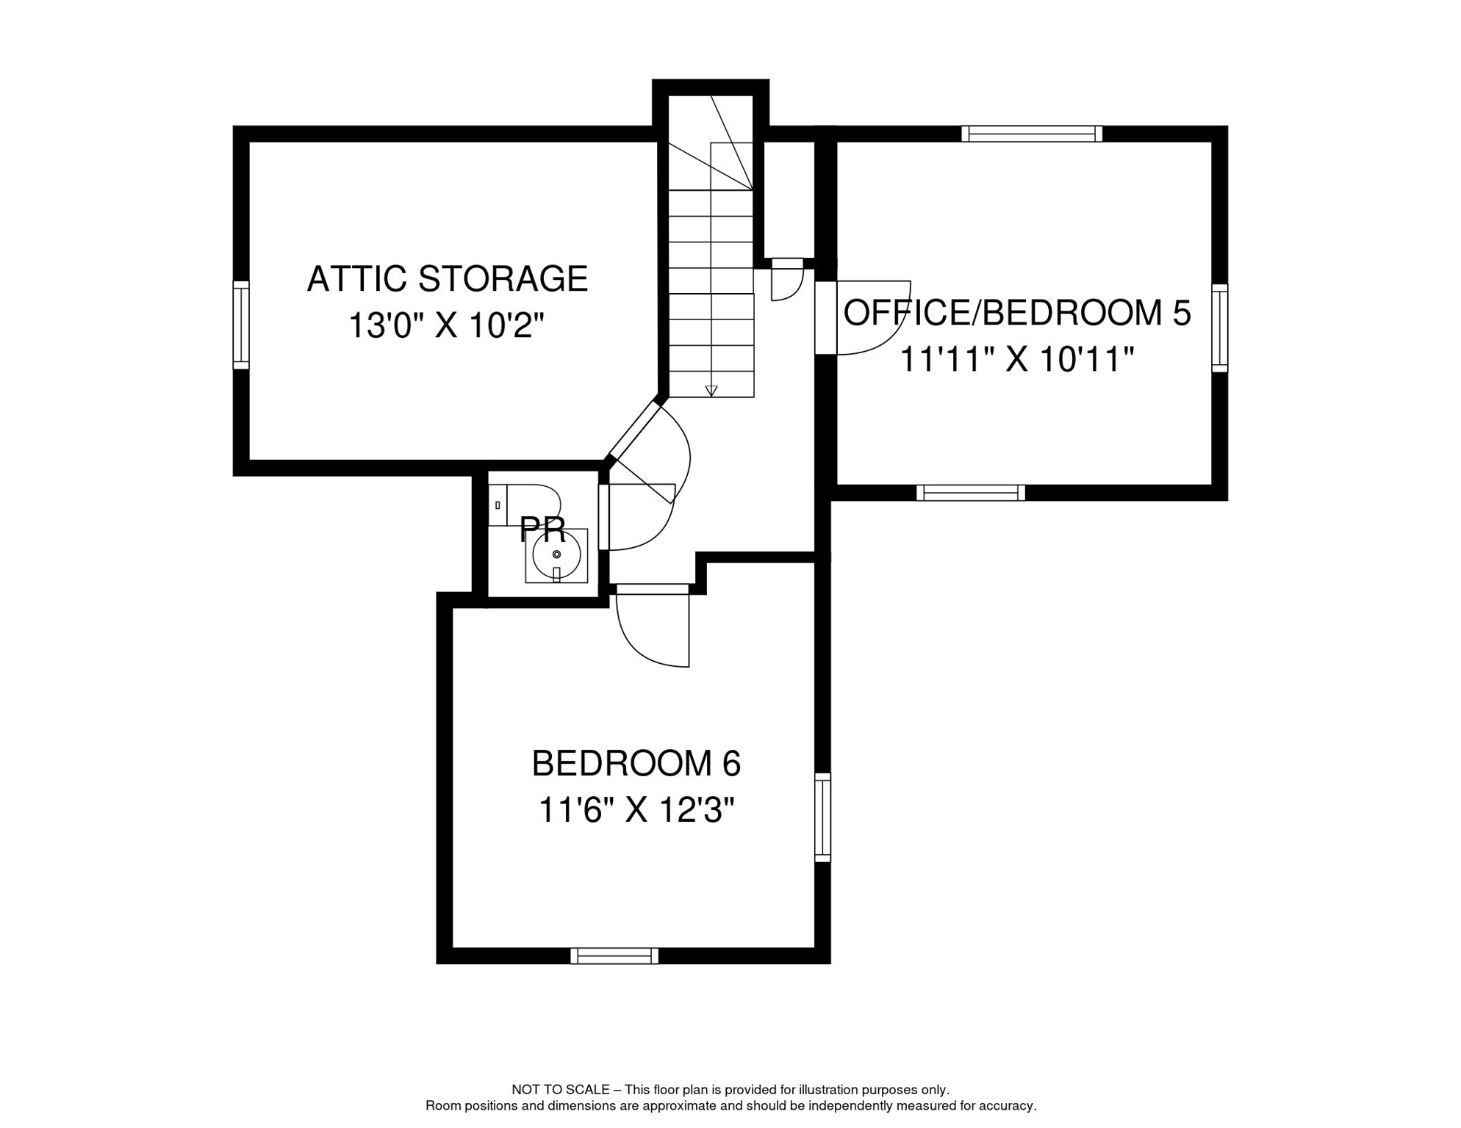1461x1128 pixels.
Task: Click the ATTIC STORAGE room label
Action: pyautogui.click(x=447, y=279)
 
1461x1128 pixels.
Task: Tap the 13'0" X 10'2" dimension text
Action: pyautogui.click(x=446, y=326)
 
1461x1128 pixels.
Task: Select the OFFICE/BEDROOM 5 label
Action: pyautogui.click(x=1016, y=313)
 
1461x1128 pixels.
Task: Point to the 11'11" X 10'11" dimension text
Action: pyautogui.click(x=1016, y=360)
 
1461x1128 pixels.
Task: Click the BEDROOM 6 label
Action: pyautogui.click(x=636, y=764)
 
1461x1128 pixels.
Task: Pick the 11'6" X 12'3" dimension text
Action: pyautogui.click(x=636, y=811)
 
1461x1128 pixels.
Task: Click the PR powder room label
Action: pyautogui.click(x=542, y=529)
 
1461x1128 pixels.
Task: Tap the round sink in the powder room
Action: pyautogui.click(x=556, y=555)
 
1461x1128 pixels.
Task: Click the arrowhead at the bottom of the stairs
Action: pyautogui.click(x=711, y=391)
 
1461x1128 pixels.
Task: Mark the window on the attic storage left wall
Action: pyautogui.click(x=241, y=325)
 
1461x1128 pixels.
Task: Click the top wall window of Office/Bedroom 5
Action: pyautogui.click(x=1032, y=134)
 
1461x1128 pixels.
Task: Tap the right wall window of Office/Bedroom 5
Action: pyautogui.click(x=1219, y=328)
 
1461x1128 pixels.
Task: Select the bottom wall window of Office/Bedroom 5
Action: pyautogui.click(x=970, y=493)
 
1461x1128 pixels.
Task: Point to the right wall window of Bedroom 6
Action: pyautogui.click(x=822, y=817)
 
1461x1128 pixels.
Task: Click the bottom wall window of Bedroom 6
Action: pyautogui.click(x=614, y=956)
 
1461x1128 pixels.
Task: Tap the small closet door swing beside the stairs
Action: pyautogui.click(x=786, y=283)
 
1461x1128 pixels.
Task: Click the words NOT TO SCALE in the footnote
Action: pyautogui.click(x=560, y=1090)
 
